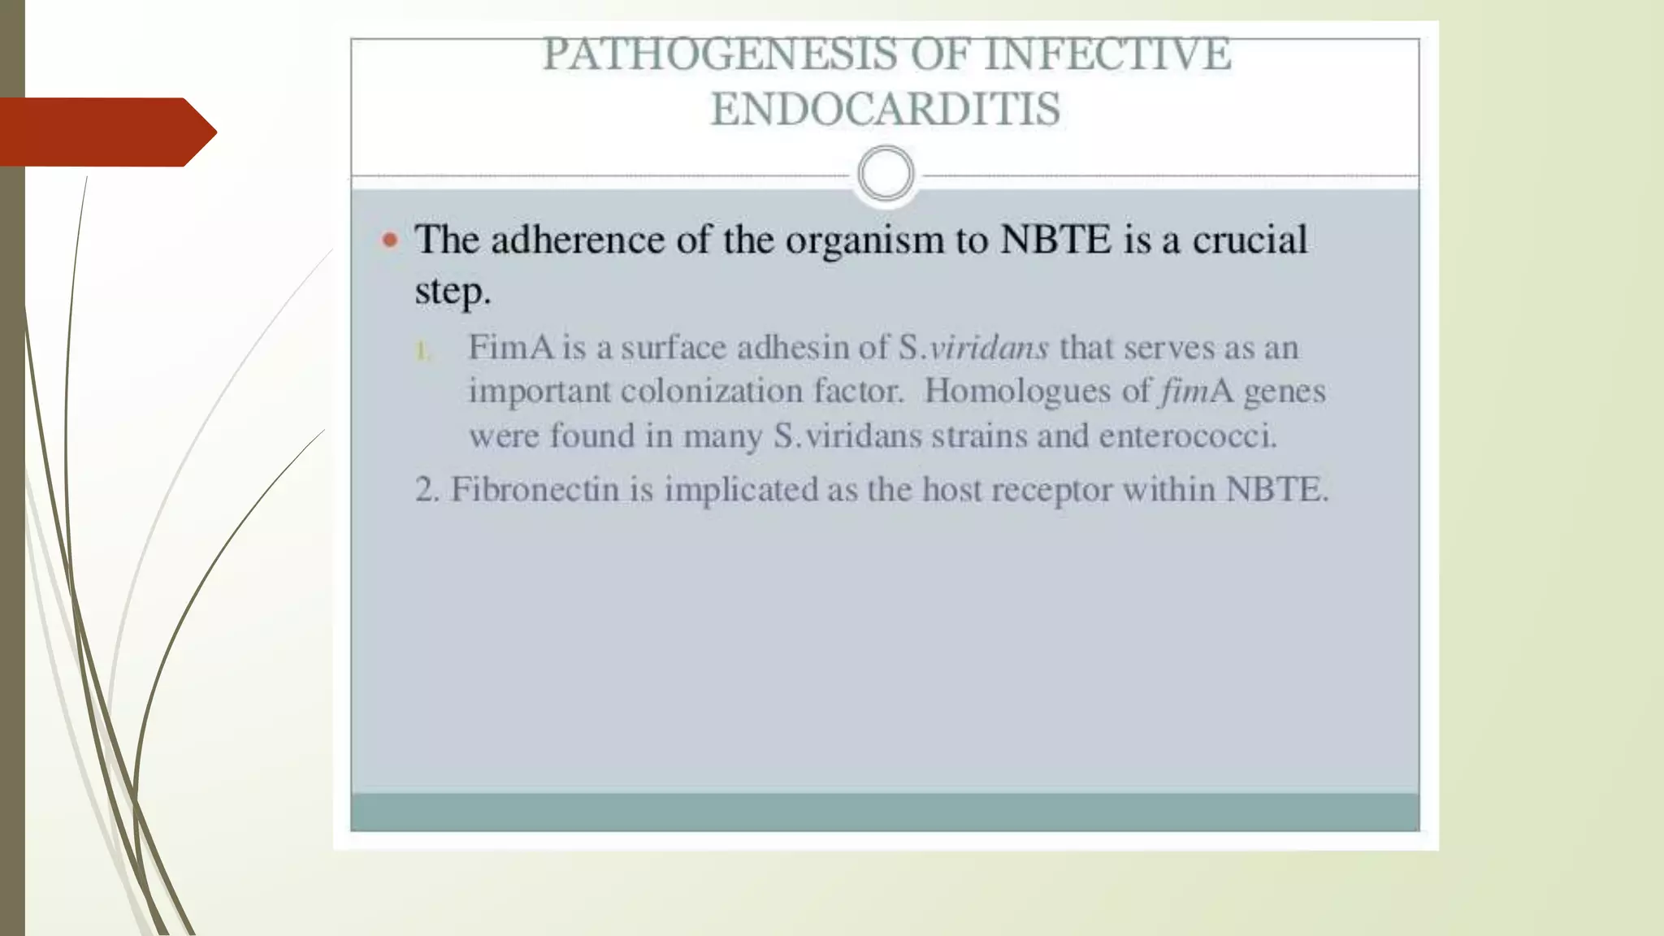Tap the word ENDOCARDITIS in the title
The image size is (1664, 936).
(x=886, y=110)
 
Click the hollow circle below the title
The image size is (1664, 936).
(x=886, y=174)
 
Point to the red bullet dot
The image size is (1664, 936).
(x=391, y=240)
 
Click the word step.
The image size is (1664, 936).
(x=453, y=291)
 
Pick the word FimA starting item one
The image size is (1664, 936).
(x=511, y=348)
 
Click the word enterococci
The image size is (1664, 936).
(x=1188, y=436)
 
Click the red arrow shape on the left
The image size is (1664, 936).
(x=106, y=132)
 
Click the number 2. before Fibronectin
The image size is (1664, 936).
(x=427, y=490)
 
